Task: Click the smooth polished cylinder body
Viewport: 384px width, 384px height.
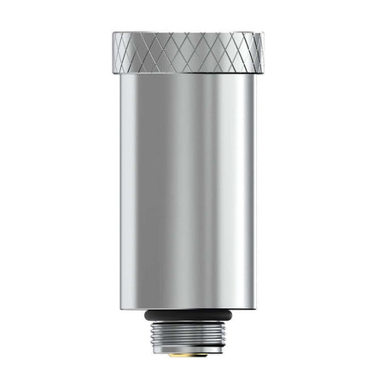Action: (188, 188)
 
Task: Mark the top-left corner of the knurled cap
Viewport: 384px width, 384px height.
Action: (113, 34)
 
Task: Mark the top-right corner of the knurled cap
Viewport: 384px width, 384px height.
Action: (264, 34)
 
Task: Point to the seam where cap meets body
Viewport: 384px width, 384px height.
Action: (188, 73)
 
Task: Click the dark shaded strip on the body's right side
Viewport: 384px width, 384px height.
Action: (245, 188)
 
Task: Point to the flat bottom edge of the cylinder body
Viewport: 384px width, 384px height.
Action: (188, 308)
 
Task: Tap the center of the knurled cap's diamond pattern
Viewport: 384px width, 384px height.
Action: (189, 53)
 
